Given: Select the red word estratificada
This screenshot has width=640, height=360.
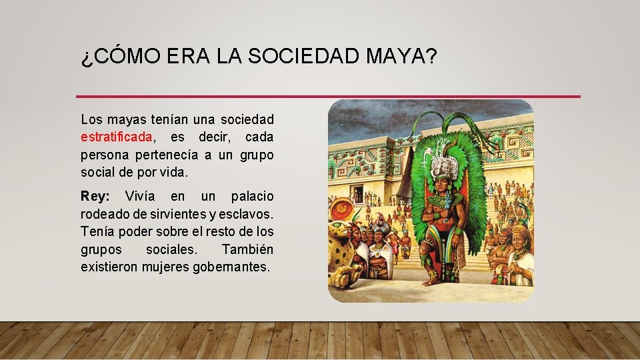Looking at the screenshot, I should pos(117,137).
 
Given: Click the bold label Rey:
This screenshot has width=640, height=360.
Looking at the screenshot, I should pos(95,197).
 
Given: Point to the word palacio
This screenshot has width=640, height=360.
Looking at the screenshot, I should pos(252,197).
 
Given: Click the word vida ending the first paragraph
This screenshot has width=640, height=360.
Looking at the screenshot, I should pos(175,172).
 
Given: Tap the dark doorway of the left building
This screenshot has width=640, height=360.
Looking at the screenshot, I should pos(358,195).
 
